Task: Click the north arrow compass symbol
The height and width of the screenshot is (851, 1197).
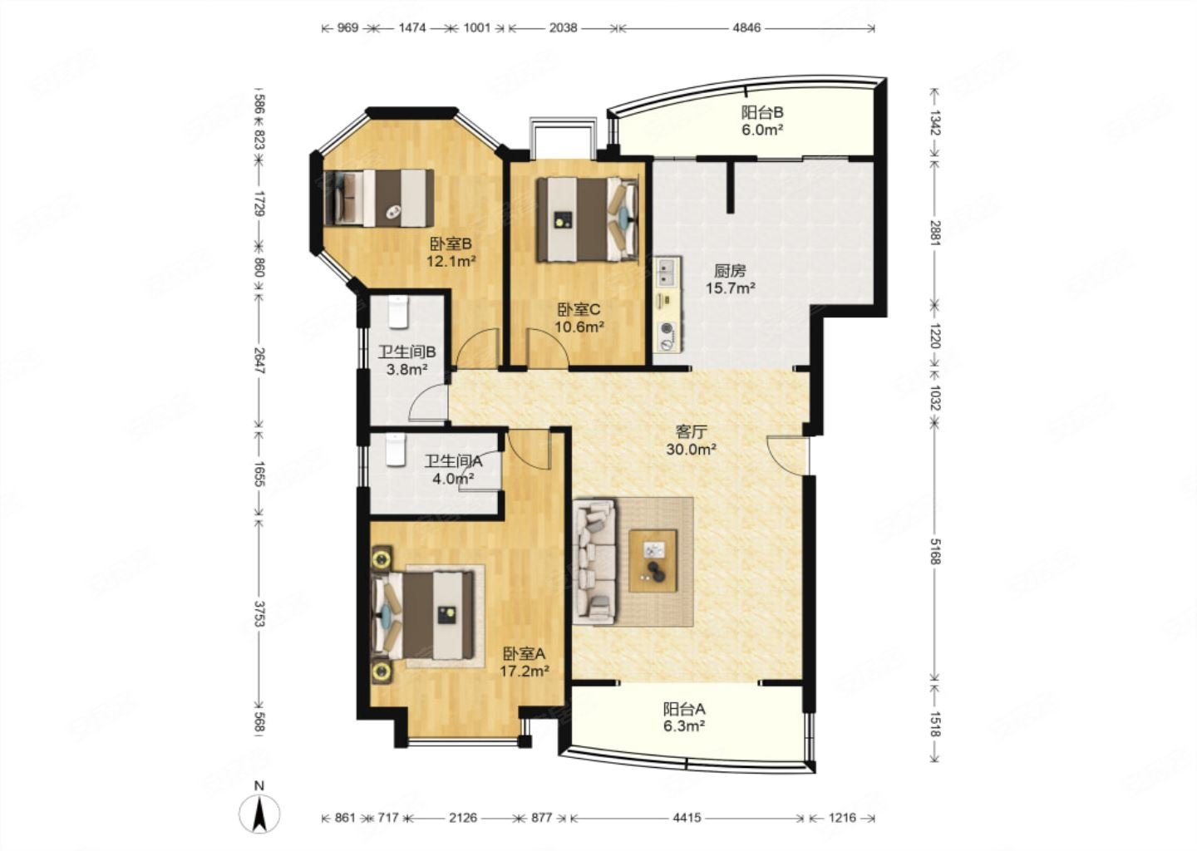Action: [x=259, y=815]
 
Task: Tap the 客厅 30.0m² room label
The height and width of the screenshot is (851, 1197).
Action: [x=691, y=440]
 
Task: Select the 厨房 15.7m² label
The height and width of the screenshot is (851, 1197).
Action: [x=731, y=279]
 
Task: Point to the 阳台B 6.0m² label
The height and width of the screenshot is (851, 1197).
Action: [x=762, y=121]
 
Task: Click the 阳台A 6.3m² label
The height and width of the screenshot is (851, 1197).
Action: [x=684, y=717]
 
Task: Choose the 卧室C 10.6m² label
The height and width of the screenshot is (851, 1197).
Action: [x=579, y=317]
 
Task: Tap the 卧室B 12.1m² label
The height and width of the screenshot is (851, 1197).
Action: [x=451, y=253]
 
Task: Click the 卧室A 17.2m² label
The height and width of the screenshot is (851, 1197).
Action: [x=525, y=662]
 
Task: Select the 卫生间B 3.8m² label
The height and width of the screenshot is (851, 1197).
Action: [x=407, y=361]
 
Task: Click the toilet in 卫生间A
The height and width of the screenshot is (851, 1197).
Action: [x=396, y=450]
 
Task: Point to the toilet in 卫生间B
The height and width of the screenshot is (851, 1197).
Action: [x=397, y=312]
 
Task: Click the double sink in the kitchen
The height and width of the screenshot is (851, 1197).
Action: [x=667, y=272]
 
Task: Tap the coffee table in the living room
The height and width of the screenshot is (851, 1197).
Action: [x=653, y=560]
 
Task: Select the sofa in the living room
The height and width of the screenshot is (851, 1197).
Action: [x=594, y=561]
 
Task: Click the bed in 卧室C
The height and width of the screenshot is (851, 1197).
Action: [x=587, y=219]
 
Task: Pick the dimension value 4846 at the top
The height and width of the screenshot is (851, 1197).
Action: [x=746, y=27]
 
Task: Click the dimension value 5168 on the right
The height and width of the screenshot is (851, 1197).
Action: [x=934, y=551]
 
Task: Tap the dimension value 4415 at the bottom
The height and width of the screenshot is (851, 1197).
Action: [x=687, y=818]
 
